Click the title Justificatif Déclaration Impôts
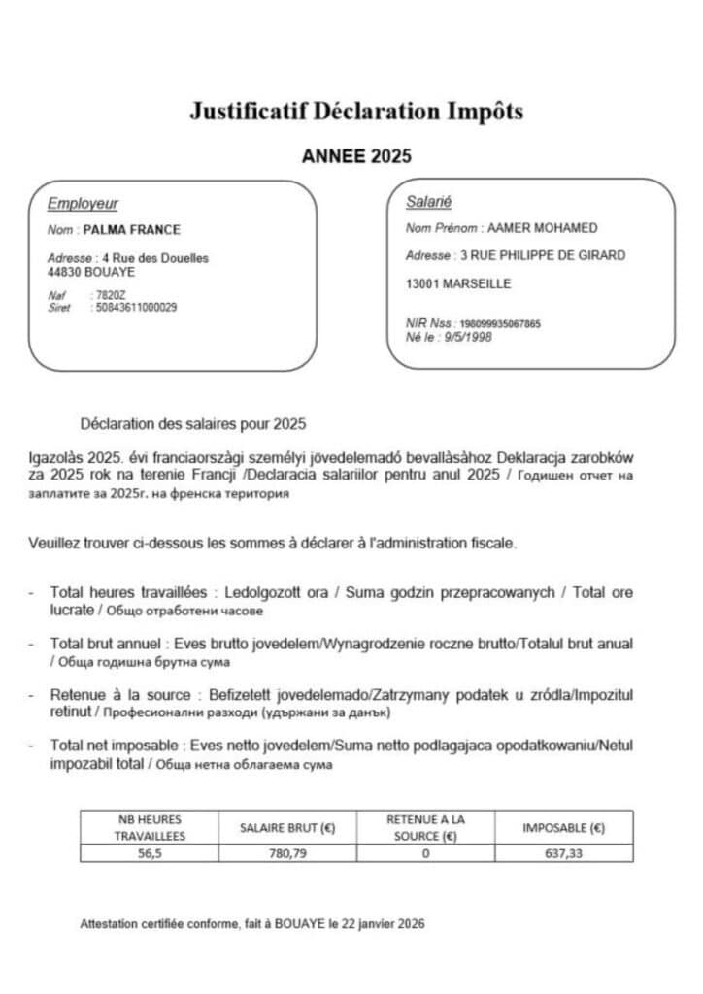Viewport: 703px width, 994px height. coord(356,112)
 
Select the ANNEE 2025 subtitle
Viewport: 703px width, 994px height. coord(356,156)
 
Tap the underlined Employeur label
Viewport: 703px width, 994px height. coord(83,204)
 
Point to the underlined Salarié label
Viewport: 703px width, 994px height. coord(428,203)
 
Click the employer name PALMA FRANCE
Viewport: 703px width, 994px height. coord(132,230)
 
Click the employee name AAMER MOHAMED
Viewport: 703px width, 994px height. coord(542,229)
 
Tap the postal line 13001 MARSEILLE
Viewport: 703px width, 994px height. coord(457,284)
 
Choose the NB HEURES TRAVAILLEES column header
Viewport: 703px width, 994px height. coord(149,827)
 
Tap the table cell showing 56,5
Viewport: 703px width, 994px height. coord(149,853)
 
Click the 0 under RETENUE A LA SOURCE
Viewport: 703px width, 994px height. coord(425,853)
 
